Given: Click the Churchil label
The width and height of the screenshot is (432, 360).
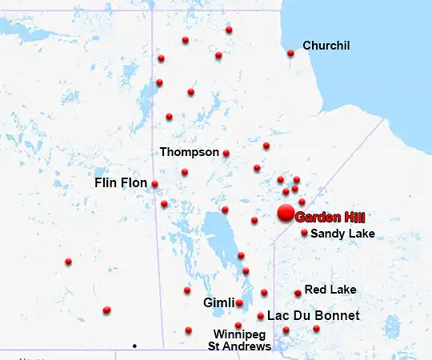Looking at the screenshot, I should tap(326, 46).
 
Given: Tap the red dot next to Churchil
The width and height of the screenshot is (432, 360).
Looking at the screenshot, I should tap(290, 54).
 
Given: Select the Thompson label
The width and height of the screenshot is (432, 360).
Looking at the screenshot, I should tap(189, 151).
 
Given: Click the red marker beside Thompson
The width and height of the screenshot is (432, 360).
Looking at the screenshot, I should tap(226, 153).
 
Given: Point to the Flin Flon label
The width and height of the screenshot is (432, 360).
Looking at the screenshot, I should tap(121, 183).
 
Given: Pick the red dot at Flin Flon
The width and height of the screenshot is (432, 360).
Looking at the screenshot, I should tap(154, 184).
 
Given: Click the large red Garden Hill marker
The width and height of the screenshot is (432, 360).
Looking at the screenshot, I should tap(285, 213).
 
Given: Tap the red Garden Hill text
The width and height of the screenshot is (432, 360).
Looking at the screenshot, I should tap(330, 217).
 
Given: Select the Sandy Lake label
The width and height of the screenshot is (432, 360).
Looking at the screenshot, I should tap(342, 234).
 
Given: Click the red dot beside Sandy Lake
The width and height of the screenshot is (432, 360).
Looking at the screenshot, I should tap(304, 233).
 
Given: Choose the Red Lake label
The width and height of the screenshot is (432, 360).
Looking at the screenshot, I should tap(330, 290).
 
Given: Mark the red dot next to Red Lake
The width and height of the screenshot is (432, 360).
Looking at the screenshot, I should tap(298, 293).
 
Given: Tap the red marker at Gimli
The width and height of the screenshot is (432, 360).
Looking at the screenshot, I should tap(239, 302).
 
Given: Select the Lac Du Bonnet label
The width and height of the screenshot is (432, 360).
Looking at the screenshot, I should tap(313, 316).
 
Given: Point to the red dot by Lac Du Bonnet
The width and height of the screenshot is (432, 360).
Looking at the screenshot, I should tap(261, 316).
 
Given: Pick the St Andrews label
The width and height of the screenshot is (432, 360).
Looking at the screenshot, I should tap(239, 346).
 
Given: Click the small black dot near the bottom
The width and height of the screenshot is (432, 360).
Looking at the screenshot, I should tap(134, 346).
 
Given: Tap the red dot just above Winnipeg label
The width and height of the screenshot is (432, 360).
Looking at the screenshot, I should tap(238, 325).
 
